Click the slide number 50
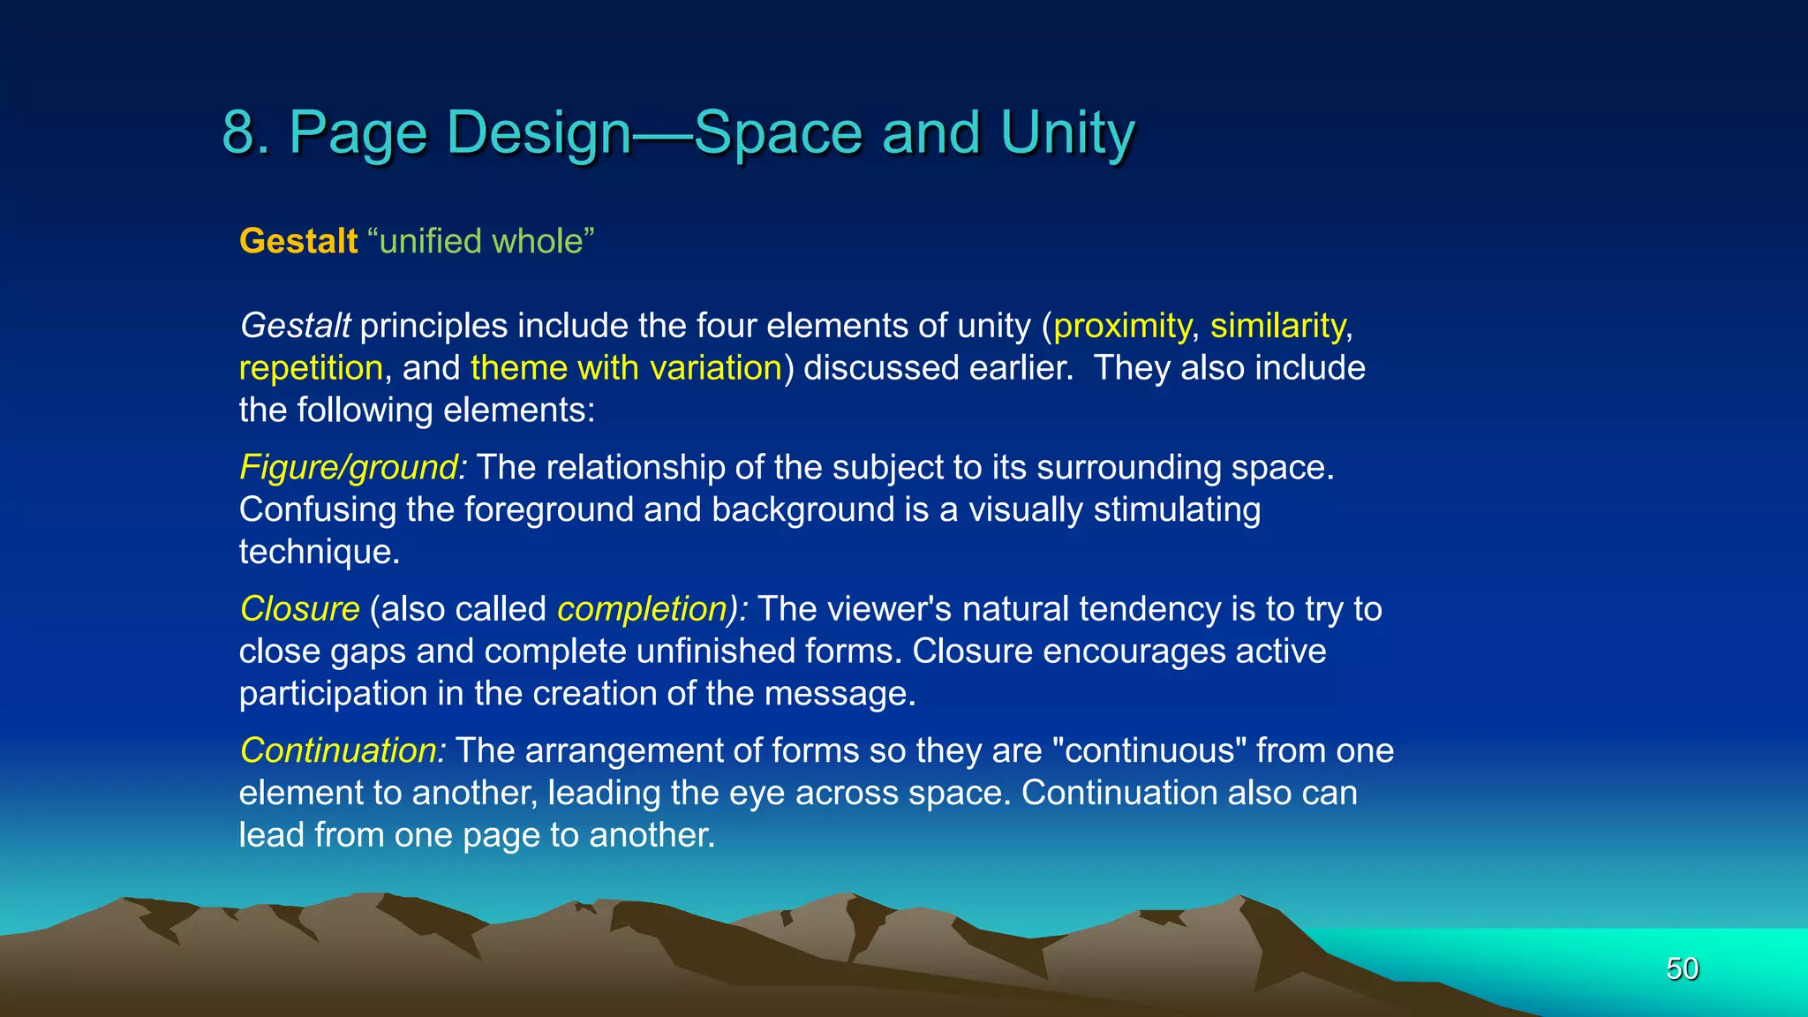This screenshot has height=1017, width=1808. tap(1682, 968)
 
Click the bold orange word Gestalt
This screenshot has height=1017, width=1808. tap(298, 241)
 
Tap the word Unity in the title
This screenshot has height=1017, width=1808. tap(1067, 132)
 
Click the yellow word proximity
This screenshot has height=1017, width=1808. tap(1121, 327)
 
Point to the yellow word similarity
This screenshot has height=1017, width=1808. tap(1277, 327)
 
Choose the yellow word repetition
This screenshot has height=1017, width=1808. tap(311, 368)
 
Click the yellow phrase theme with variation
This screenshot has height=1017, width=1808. tap(626, 368)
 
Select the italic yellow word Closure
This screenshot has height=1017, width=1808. tap(299, 609)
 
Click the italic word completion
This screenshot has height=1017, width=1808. tap(642, 609)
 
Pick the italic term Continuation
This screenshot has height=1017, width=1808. tap(341, 750)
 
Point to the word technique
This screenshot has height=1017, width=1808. tap(319, 552)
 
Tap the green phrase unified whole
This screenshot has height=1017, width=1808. tap(481, 241)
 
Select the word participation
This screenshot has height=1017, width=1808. tap(333, 694)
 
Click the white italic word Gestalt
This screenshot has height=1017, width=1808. tap(296, 326)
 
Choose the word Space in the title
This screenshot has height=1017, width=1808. tap(778, 132)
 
